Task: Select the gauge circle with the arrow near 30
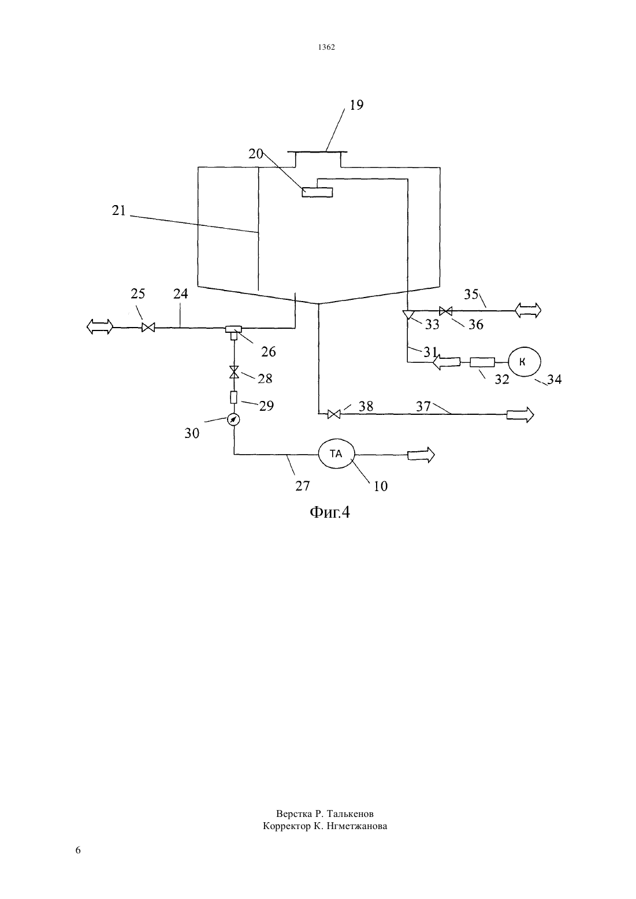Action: [233, 420]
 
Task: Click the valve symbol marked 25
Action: [148, 328]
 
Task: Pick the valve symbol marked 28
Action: [234, 372]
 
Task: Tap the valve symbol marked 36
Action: [445, 311]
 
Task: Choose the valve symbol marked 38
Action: [334, 414]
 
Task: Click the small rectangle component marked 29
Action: [233, 398]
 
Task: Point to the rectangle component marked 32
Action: [482, 362]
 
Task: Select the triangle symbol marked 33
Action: [408, 314]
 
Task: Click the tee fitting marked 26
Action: [233, 332]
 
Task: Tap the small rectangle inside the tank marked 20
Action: [317, 192]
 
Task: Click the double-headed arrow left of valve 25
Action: [100, 326]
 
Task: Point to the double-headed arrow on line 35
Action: [527, 310]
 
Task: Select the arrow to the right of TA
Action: [421, 455]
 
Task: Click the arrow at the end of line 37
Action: [520, 415]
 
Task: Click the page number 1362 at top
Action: [326, 47]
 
